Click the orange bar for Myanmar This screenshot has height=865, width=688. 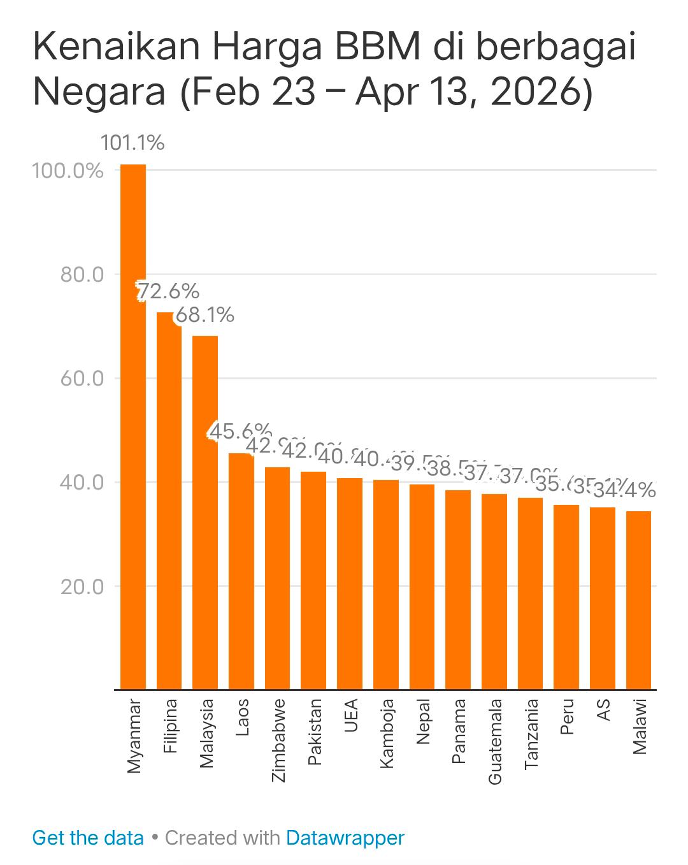pos(133,427)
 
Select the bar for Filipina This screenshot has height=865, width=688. pos(169,500)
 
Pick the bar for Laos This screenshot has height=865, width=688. pos(241,571)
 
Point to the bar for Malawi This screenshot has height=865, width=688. pos(638,599)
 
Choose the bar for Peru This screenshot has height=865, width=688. pos(566,597)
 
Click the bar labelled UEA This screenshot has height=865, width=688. pos(350,583)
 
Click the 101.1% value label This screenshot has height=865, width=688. pos(133,143)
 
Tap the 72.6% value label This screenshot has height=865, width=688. pos(169,291)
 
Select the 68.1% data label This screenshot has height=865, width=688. pos(204,314)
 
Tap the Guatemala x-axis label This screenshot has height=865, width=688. pos(495,741)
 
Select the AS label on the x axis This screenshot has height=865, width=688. pos(603,710)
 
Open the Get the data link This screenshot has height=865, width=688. pos(88,838)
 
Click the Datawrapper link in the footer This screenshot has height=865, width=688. pos(345,838)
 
